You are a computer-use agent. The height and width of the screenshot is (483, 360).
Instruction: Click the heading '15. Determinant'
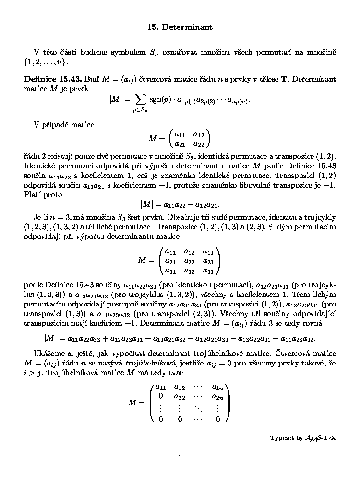click(x=180, y=27)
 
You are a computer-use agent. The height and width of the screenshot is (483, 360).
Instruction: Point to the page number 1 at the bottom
click(x=180, y=457)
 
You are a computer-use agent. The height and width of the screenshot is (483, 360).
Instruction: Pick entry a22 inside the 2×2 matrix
click(x=198, y=143)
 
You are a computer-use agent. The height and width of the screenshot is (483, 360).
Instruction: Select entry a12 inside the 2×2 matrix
click(x=198, y=135)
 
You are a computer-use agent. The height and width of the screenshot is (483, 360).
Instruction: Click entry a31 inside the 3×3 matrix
click(x=170, y=271)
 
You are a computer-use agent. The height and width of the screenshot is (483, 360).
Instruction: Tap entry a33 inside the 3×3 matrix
click(x=208, y=271)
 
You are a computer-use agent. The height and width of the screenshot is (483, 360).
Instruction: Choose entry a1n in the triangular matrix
click(x=217, y=387)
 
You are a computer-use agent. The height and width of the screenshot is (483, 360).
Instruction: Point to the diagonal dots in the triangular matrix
click(x=198, y=408)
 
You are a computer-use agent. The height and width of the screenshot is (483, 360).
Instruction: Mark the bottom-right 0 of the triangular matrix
click(x=217, y=419)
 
